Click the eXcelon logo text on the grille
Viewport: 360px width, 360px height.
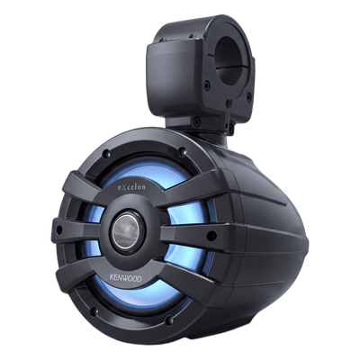pyautogui.click(x=131, y=187)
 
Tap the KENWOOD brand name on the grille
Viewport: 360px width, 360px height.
pyautogui.click(x=125, y=277)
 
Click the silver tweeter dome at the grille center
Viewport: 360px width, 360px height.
pyautogui.click(x=127, y=230)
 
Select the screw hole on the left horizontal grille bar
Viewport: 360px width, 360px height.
pyautogui.click(x=59, y=230)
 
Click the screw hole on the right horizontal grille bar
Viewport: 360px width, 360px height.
pyautogui.click(x=211, y=236)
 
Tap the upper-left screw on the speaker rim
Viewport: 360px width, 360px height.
pyautogui.click(x=106, y=155)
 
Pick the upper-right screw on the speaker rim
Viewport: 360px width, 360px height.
pyautogui.click(x=182, y=152)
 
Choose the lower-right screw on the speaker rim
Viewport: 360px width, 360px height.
pyautogui.click(x=169, y=320)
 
